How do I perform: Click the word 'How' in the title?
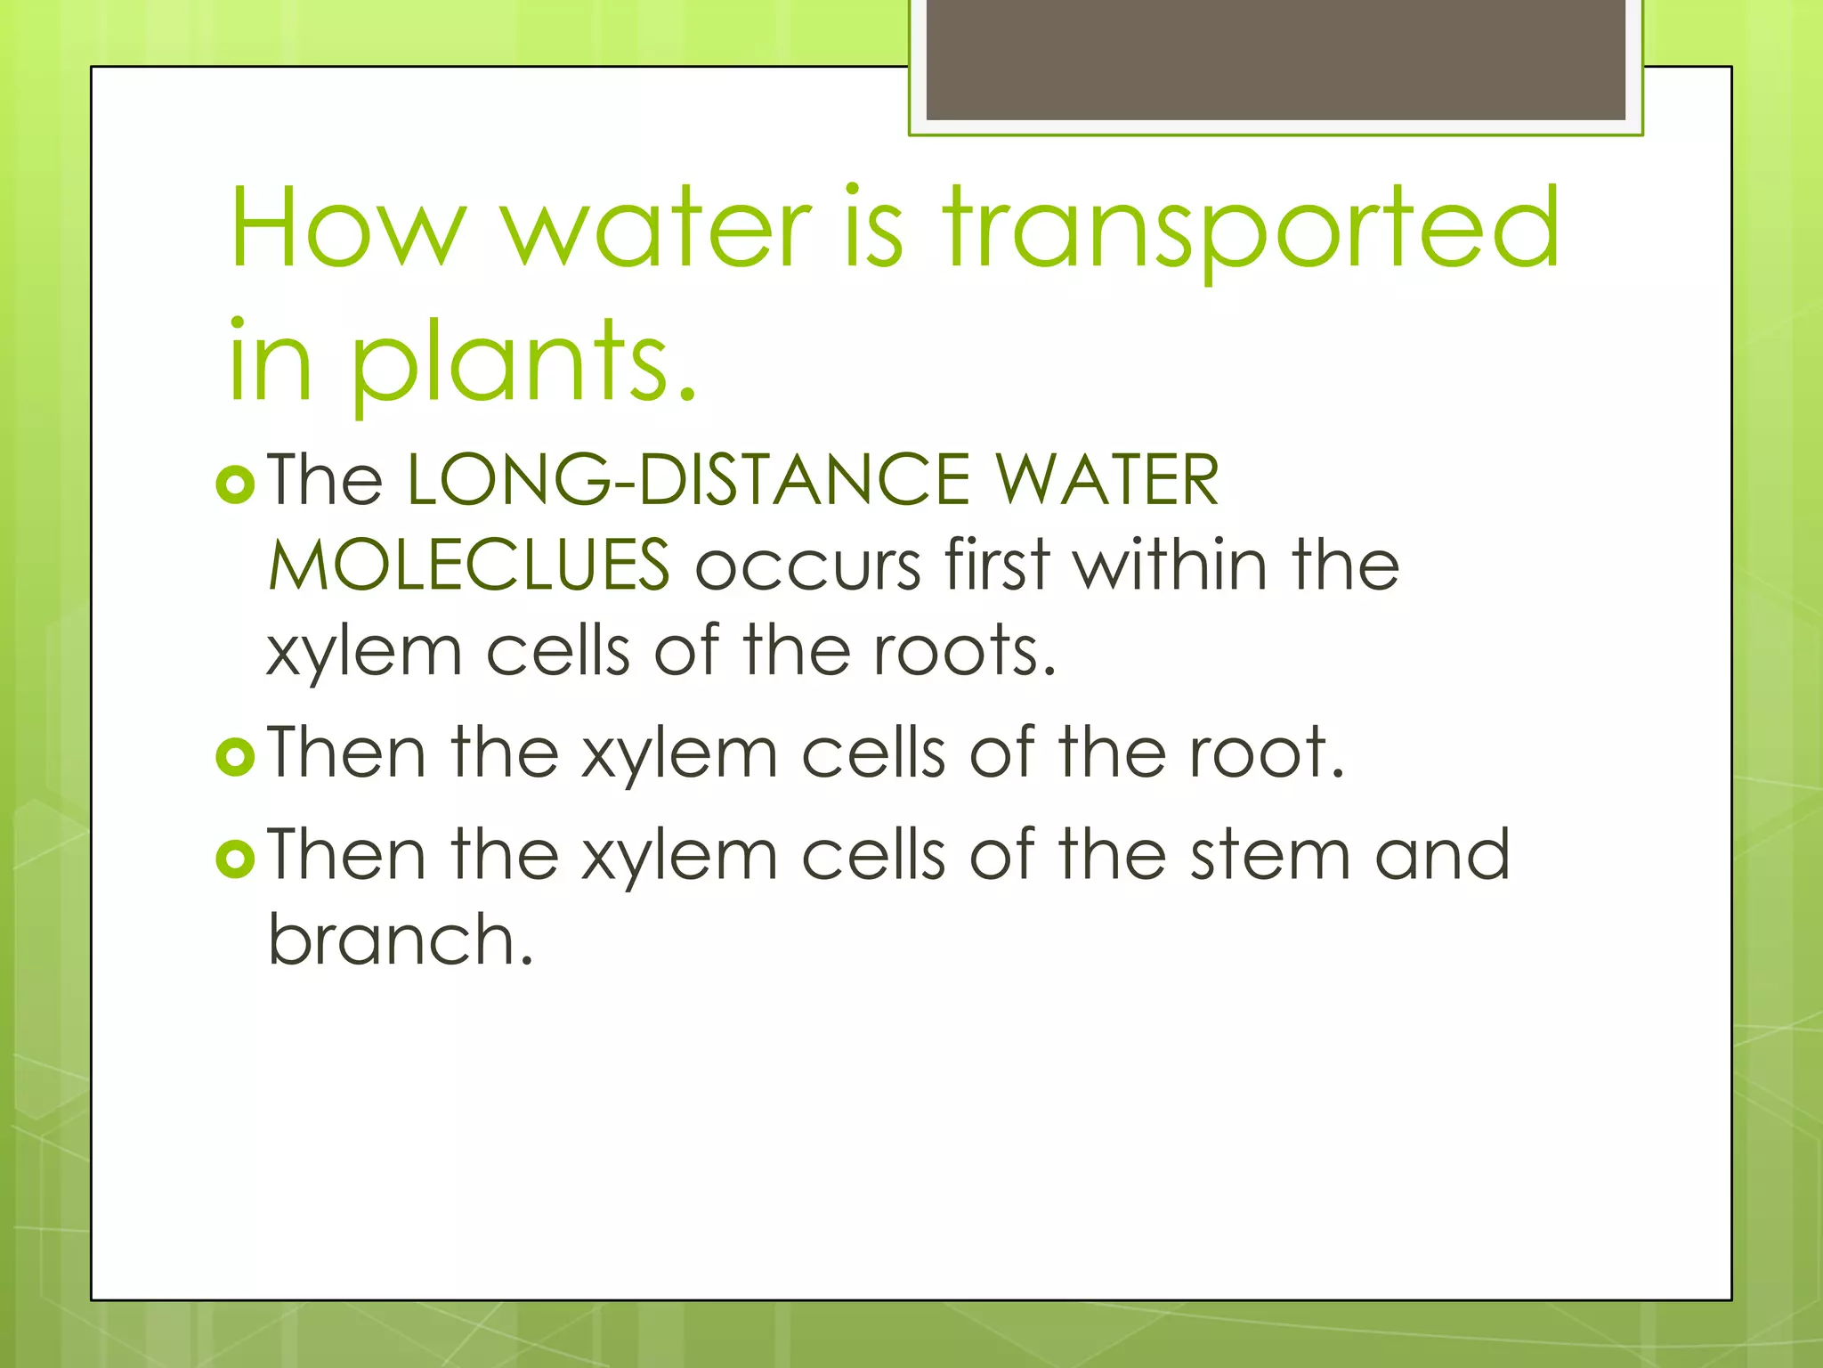click(x=347, y=227)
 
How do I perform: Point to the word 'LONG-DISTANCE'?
click(x=688, y=480)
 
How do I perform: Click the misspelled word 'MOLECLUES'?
click(x=469, y=565)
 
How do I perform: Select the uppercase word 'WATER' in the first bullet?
click(x=1106, y=480)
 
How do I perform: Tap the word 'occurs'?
click(x=807, y=566)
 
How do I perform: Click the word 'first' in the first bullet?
click(x=998, y=565)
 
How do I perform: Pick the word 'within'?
click(x=1171, y=565)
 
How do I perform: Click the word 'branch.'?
click(x=401, y=940)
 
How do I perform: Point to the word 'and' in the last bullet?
click(x=1442, y=855)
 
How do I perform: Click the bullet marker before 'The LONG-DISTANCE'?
click(x=236, y=484)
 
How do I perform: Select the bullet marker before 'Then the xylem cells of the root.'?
click(x=236, y=757)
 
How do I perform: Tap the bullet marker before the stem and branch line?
click(x=236, y=859)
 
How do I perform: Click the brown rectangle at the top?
click(x=1276, y=59)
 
